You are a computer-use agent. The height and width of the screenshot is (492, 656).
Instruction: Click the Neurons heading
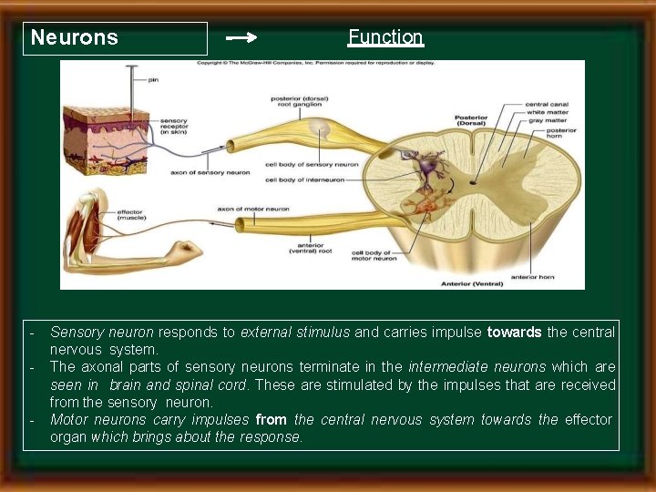point(75,37)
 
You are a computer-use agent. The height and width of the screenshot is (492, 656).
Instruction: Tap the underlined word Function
point(385,37)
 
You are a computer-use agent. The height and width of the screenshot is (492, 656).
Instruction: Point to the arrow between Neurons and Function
point(241,38)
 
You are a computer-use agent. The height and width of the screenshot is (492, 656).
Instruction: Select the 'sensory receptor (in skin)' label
point(174,127)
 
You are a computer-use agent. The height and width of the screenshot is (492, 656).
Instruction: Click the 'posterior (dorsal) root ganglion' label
point(300,102)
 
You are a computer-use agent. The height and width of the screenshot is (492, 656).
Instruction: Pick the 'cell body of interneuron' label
point(304,180)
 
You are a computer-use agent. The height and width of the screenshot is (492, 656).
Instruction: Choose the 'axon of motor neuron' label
point(252,210)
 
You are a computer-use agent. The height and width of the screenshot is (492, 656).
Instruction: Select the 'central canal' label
point(548,104)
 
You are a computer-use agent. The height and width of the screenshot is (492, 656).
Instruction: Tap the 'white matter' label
point(547,112)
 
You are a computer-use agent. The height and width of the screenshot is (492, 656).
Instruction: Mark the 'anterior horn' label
point(531,276)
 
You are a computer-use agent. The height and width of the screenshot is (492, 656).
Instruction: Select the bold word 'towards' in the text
point(515,333)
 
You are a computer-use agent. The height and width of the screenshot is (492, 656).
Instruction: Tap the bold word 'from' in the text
point(272,420)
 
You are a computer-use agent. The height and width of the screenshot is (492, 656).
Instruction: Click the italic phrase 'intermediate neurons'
point(477,367)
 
